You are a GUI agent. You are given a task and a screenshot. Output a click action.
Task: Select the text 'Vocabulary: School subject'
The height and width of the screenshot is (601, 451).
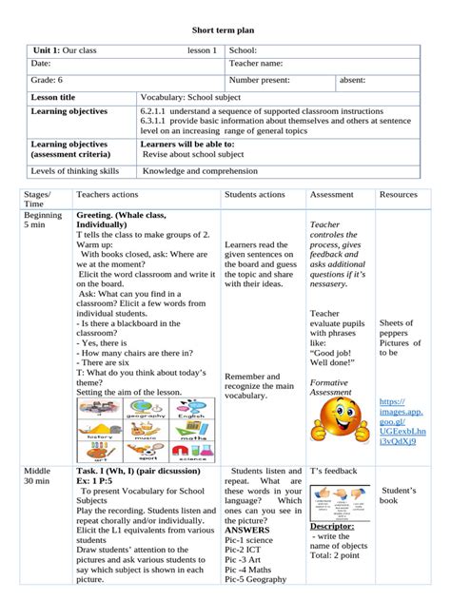click(194, 97)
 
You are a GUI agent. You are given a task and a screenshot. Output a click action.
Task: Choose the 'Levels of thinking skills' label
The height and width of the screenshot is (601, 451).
click(75, 171)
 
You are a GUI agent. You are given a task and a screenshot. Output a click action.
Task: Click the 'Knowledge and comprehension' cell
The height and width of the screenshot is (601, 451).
click(201, 171)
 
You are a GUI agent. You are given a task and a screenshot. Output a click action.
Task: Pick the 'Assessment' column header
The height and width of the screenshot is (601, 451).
click(332, 195)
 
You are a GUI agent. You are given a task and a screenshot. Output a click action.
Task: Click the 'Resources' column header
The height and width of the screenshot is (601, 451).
click(398, 195)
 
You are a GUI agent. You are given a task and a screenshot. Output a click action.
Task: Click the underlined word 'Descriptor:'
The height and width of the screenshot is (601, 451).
click(332, 526)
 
